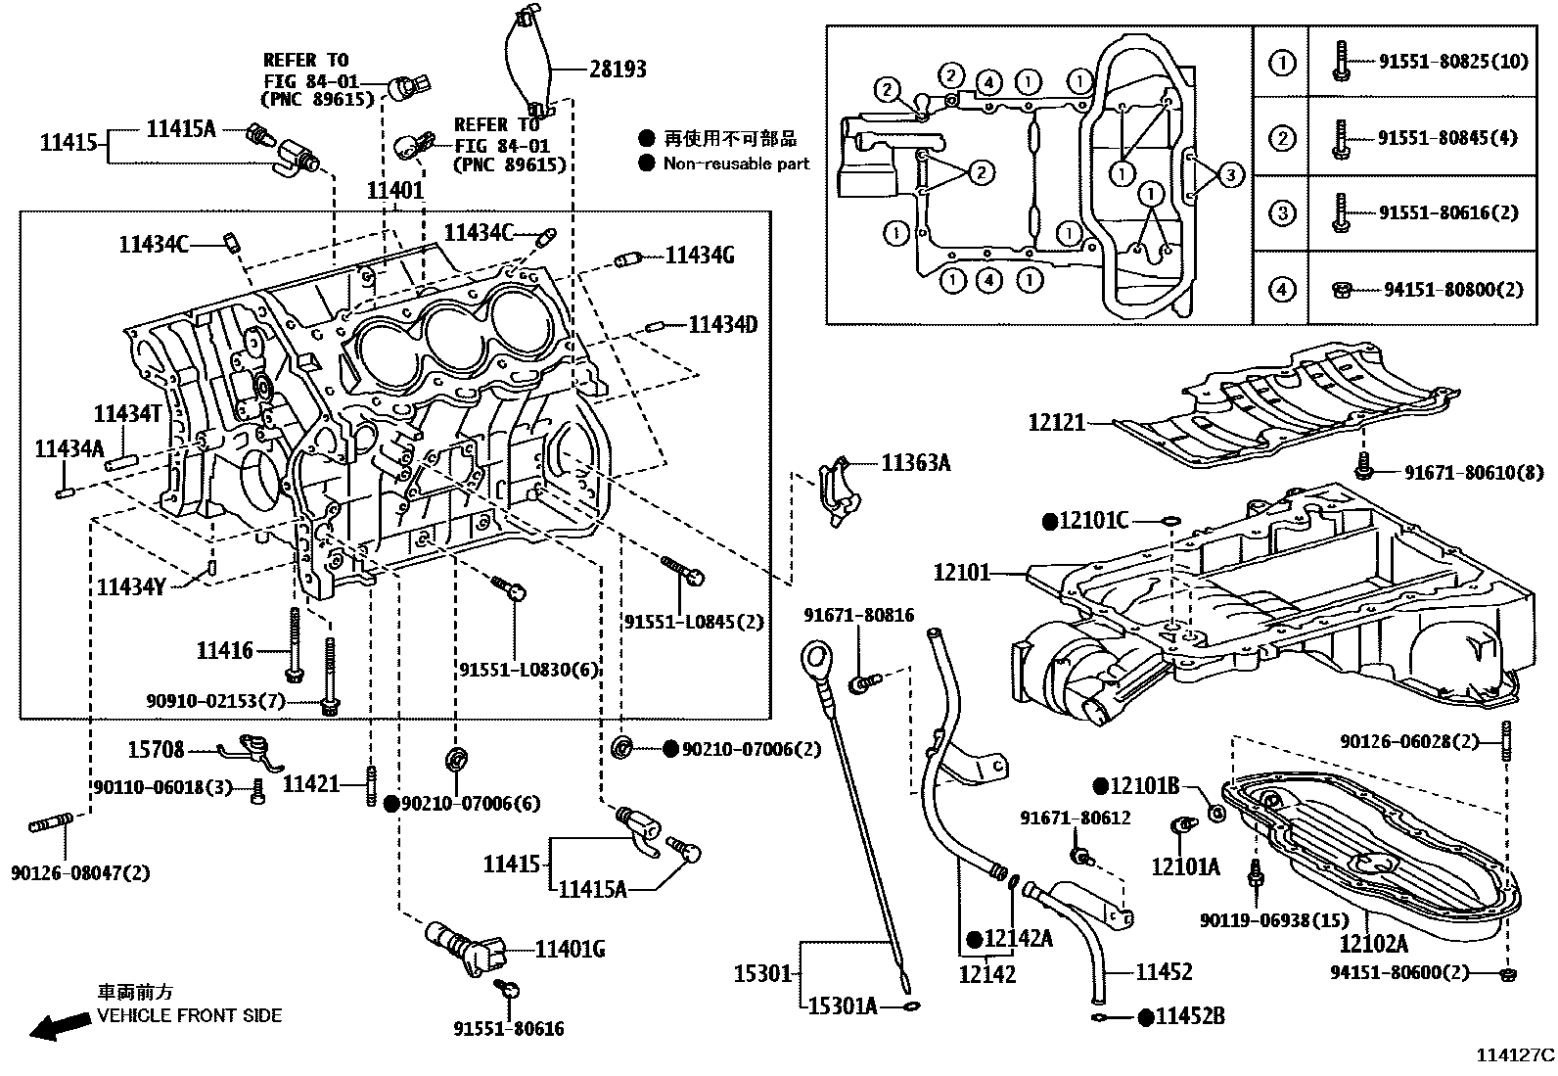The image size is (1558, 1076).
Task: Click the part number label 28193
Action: (618, 69)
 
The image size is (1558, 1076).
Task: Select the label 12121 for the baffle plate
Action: (1056, 423)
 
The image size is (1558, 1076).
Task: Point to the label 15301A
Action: (842, 1006)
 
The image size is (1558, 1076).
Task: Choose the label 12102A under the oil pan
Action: (1373, 944)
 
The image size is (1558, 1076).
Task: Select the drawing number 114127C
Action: (1515, 1055)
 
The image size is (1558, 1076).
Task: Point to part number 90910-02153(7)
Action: (215, 701)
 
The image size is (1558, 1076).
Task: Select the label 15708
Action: (156, 750)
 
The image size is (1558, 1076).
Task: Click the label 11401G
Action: (570, 949)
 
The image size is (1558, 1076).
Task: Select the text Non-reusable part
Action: (736, 164)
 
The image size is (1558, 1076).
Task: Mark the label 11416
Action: (224, 650)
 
